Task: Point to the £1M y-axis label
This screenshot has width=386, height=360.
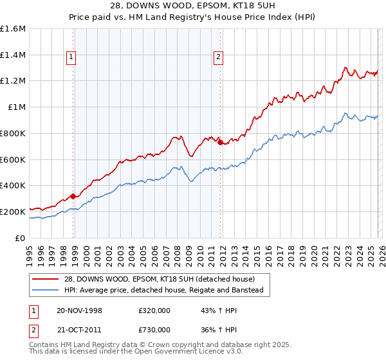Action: [x=16, y=107]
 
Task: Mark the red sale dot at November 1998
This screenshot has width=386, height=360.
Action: [x=73, y=196]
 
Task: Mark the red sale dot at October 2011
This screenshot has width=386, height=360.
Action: [x=220, y=143]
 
